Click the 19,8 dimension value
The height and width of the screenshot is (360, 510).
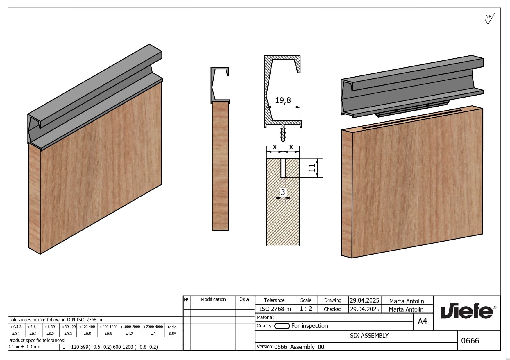click(x=283, y=100)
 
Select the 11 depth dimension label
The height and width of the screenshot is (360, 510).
click(x=312, y=168)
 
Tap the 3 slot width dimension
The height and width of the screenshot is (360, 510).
click(x=283, y=192)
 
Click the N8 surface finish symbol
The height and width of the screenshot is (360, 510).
click(x=489, y=19)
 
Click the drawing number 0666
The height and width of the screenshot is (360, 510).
click(x=470, y=341)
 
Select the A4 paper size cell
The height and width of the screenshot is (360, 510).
click(x=423, y=321)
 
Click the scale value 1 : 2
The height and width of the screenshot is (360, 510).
click(x=306, y=309)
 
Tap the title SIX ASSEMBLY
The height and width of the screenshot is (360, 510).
click(x=369, y=336)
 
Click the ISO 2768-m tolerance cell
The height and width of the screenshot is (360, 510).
click(x=275, y=309)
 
